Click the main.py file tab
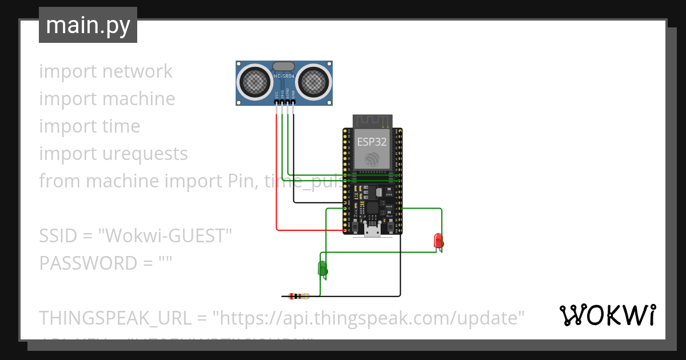[x=88, y=25]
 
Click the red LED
[x=438, y=241]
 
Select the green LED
[x=322, y=268]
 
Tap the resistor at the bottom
[x=298, y=296]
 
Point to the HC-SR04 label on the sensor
[x=284, y=75]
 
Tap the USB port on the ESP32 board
[x=373, y=230]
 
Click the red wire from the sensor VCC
[x=277, y=171]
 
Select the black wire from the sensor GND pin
[x=294, y=160]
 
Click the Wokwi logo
[x=608, y=315]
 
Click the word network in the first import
[x=137, y=71]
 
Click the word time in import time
[x=121, y=126]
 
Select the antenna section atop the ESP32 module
[x=372, y=121]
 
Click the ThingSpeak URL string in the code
[x=369, y=318]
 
